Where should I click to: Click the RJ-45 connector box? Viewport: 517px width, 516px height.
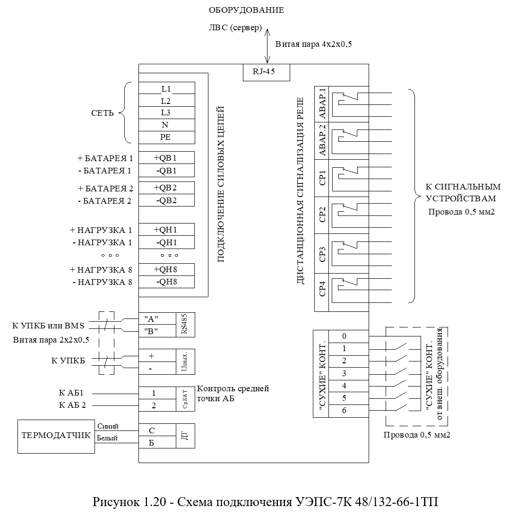(267, 72)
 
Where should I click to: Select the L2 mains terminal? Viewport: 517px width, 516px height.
(166, 101)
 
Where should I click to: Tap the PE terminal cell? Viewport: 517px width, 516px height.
(166, 138)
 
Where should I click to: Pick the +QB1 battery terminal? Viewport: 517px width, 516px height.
(166, 158)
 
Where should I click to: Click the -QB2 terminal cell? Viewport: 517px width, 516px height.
(166, 200)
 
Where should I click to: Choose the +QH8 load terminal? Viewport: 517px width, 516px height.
(166, 269)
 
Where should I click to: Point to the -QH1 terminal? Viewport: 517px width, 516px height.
(166, 242)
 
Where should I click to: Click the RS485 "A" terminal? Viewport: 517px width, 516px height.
(157, 319)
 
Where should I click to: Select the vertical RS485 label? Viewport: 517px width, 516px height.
(185, 324)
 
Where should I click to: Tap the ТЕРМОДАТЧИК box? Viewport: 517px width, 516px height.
(56, 436)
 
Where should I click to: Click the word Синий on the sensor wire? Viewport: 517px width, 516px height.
(108, 426)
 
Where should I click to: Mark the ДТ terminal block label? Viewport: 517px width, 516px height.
(185, 436)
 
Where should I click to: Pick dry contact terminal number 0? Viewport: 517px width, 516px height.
(348, 336)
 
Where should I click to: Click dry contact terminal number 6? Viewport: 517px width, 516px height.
(348, 411)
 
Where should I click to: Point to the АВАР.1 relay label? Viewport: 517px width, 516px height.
(322, 103)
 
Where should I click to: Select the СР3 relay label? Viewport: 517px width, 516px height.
(322, 254)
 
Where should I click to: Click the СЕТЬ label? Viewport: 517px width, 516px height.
(102, 113)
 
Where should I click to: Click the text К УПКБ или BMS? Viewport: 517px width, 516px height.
(49, 326)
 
